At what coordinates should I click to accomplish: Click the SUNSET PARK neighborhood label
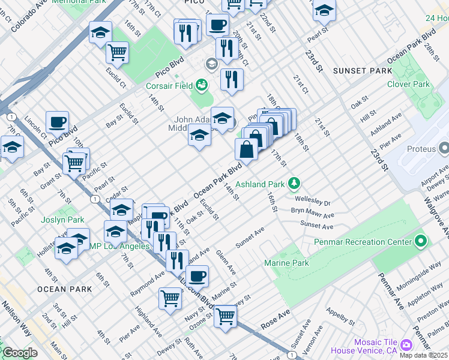(x=358, y=71)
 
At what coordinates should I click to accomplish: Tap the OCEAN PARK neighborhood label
(x=64, y=289)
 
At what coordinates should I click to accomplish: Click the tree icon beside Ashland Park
(x=294, y=183)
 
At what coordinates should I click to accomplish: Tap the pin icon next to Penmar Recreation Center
(x=420, y=242)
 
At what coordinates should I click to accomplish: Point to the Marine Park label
(x=286, y=263)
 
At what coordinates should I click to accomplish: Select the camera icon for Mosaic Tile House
(x=406, y=344)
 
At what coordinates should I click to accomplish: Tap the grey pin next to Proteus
(x=444, y=148)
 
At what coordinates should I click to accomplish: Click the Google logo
(x=20, y=353)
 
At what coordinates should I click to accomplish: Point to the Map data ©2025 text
(x=423, y=355)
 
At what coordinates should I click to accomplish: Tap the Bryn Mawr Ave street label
(x=312, y=215)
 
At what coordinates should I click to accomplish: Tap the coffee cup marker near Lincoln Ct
(x=58, y=122)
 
